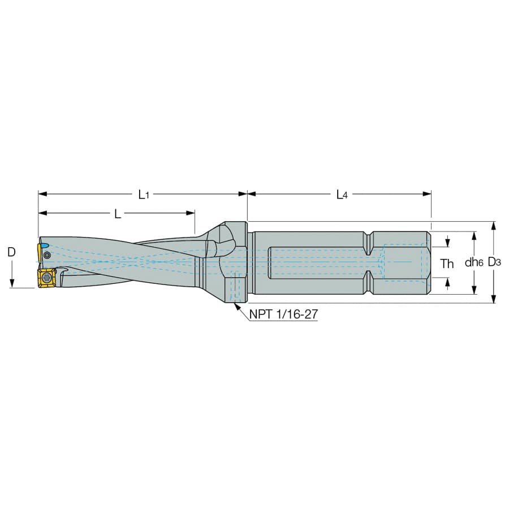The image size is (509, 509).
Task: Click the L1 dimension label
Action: [144, 195]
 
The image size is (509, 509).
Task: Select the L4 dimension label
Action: [342, 195]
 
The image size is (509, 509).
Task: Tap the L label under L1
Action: [118, 214]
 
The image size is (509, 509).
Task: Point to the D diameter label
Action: [11, 252]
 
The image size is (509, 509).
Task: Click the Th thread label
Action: [447, 264]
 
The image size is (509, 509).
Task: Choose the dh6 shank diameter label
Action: [473, 262]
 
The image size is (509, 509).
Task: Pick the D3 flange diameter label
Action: [494, 262]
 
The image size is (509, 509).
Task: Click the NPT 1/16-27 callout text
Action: [283, 314]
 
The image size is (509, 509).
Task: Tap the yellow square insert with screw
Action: [46, 278]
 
